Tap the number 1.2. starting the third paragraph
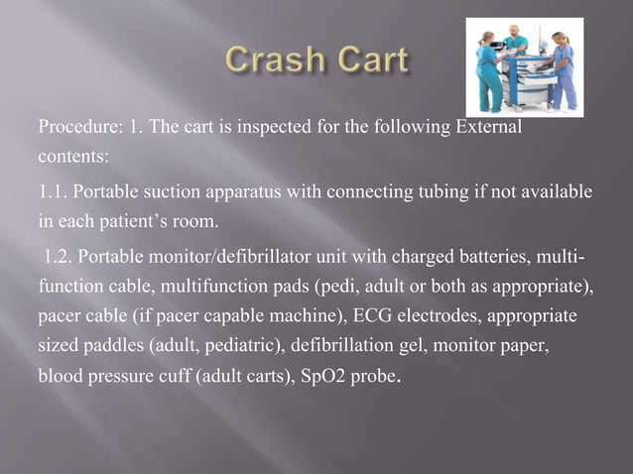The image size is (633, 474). pyautogui.click(x=56, y=259)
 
